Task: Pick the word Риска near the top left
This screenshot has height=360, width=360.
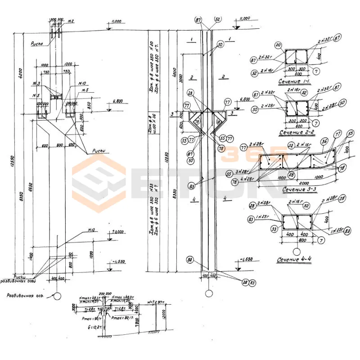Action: coord(36,44)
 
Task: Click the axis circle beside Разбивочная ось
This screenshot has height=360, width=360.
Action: coord(57,296)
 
